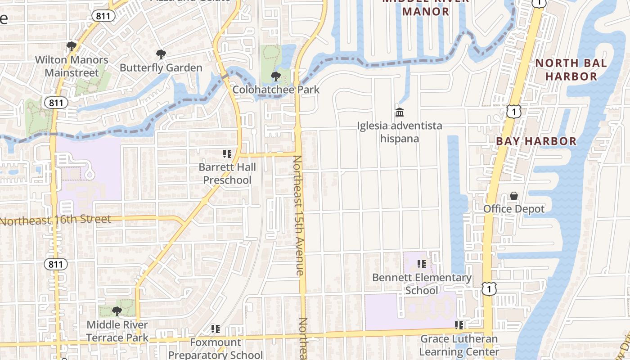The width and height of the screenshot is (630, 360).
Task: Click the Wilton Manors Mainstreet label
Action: point(72,66)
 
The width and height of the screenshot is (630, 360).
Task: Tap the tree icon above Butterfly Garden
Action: point(161,55)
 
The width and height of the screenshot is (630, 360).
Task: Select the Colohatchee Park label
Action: point(276,90)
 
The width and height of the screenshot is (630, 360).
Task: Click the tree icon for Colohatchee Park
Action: point(275,76)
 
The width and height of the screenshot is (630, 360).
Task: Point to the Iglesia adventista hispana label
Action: point(400,132)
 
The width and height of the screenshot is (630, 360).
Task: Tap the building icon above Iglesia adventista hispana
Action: point(400,112)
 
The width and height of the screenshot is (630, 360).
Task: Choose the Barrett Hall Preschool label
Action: point(227,174)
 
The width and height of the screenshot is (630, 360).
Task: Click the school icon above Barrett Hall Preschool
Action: point(227,154)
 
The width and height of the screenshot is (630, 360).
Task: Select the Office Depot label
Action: point(514,209)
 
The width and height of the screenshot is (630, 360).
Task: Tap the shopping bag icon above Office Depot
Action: point(514,196)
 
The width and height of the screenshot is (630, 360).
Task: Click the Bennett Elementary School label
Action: point(422,284)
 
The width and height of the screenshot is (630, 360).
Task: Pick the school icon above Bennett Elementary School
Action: point(422,264)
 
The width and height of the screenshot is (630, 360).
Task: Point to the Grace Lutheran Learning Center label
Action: point(459,345)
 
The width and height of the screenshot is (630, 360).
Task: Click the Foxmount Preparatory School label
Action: point(216,348)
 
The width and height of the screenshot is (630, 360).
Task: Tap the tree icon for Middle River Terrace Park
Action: point(117,311)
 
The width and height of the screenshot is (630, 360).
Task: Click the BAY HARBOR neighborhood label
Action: point(536,141)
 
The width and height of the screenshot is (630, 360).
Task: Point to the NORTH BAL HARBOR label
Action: point(571,70)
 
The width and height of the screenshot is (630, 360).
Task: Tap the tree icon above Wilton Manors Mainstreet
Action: point(71,46)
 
